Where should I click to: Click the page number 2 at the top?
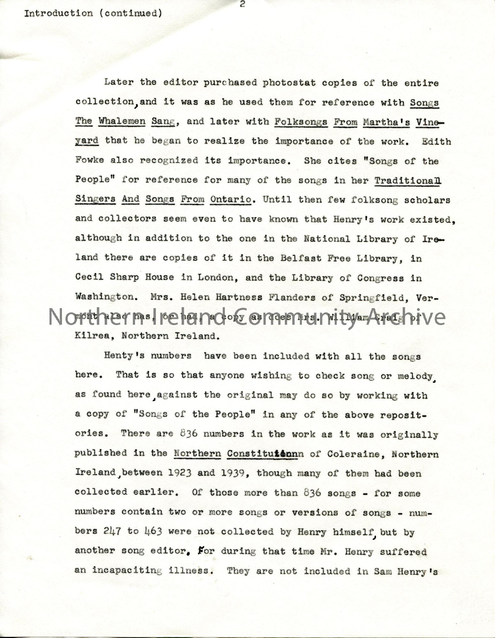point(242,5)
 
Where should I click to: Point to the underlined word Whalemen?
point(122,122)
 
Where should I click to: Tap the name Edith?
point(436,142)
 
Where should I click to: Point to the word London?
point(216,278)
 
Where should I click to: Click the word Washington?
point(104,297)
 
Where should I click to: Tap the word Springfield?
point(386,297)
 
